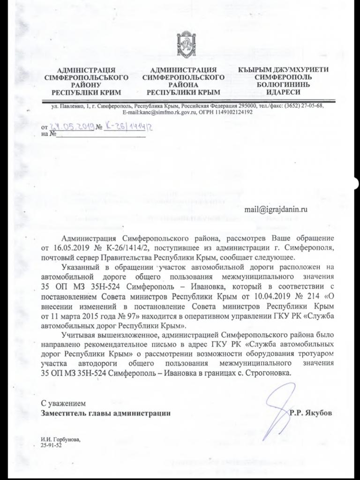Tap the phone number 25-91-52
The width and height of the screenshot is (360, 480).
[x=51, y=446]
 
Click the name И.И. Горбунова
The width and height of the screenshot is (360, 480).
[x=60, y=440]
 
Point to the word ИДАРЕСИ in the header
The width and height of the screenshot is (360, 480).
[x=279, y=92]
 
